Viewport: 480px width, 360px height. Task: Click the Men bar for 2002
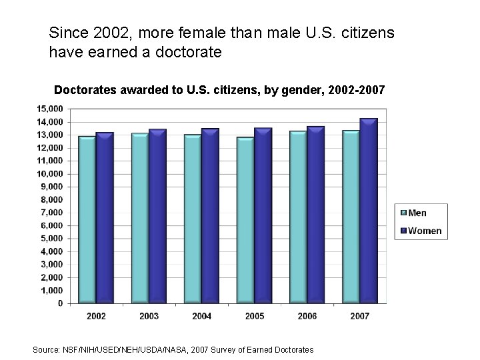pyautogui.click(x=87, y=219)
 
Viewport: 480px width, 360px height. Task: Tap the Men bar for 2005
pyautogui.click(x=245, y=220)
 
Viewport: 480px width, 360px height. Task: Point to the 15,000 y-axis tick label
pyautogui.click(x=50, y=109)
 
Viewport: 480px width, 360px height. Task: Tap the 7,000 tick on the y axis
pyautogui.click(x=52, y=213)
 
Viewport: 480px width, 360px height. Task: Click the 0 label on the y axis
pyautogui.click(x=59, y=303)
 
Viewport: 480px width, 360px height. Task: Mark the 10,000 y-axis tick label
pyautogui.click(x=50, y=173)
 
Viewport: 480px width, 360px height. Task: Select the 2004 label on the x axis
pyautogui.click(x=201, y=316)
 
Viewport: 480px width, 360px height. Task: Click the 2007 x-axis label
pyautogui.click(x=359, y=316)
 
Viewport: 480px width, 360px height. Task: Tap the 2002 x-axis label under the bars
pyautogui.click(x=96, y=316)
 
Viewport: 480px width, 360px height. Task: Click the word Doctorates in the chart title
pyautogui.click(x=84, y=89)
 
